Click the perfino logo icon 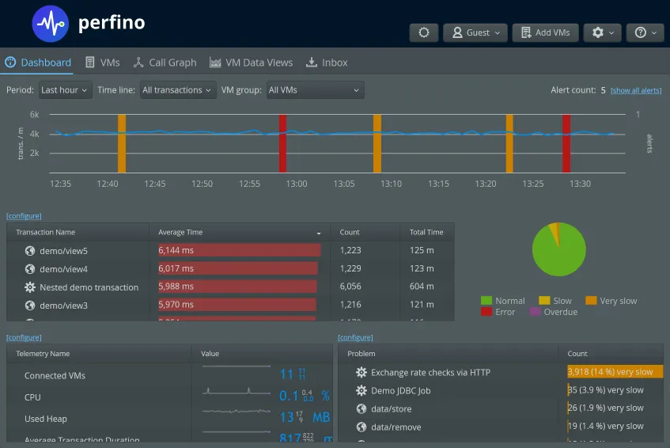point(51,24)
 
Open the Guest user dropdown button point(475,32)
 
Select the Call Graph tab point(165,63)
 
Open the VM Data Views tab point(251,63)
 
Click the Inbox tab point(327,63)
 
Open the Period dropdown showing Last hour point(65,90)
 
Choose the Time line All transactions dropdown point(178,90)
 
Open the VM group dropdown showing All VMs point(314,90)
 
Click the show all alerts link point(636,91)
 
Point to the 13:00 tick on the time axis point(297,184)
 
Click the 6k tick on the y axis point(35,115)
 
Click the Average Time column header point(180,233)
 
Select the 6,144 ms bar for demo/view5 point(239,251)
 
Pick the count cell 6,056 point(350,287)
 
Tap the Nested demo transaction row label point(89,287)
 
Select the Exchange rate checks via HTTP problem point(430,372)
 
